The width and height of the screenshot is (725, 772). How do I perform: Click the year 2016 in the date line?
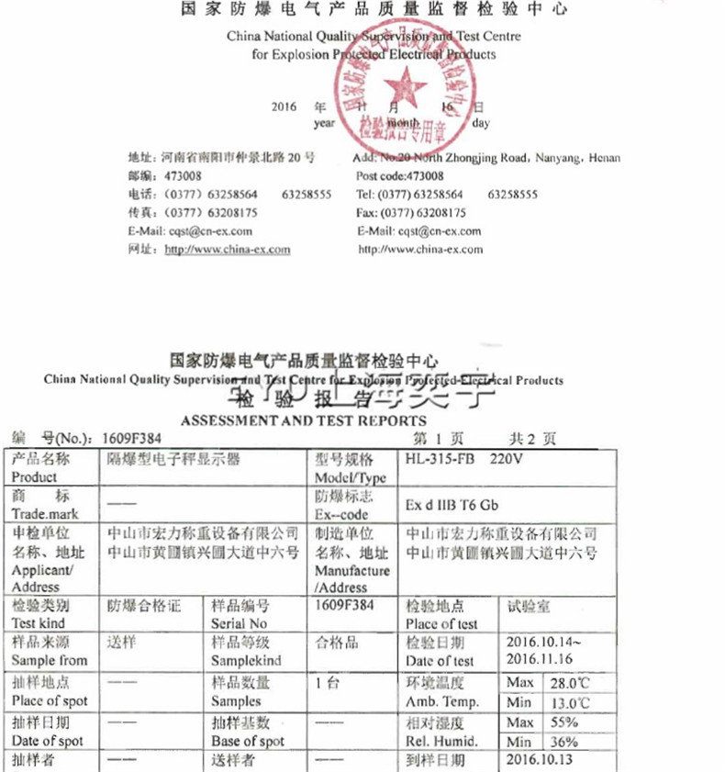tap(284, 106)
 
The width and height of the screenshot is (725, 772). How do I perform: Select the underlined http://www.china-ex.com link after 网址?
tap(227, 249)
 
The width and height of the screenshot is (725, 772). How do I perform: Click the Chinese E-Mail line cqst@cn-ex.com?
tap(190, 230)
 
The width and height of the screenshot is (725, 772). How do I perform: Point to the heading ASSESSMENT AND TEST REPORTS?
tap(303, 420)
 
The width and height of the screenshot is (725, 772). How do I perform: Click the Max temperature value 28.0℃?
tap(569, 683)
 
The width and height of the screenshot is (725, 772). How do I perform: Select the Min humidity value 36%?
tap(563, 742)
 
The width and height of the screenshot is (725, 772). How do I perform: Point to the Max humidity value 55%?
tap(563, 722)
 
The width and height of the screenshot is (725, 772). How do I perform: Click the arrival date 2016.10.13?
tap(545, 761)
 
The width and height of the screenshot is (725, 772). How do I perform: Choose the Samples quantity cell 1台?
tap(327, 682)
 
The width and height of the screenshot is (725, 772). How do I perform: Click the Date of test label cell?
tap(441, 652)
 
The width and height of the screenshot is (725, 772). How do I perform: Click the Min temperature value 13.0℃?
tap(569, 702)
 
